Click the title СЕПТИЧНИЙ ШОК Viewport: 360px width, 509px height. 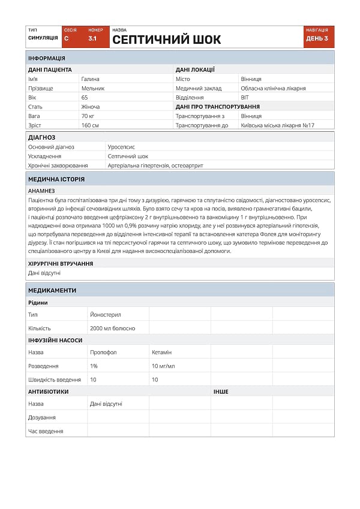tap(167, 40)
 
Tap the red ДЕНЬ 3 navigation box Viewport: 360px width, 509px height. tap(318, 37)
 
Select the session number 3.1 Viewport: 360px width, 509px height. tap(93, 38)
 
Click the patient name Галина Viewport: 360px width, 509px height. tap(91, 79)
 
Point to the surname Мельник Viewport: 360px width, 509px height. tap(93, 88)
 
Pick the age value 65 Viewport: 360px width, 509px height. tap(85, 97)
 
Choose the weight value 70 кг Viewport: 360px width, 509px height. tap(88, 116)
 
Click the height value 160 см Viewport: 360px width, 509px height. tap(90, 125)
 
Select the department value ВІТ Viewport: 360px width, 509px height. tap(245, 97)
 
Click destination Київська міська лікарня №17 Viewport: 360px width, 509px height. tap(277, 125)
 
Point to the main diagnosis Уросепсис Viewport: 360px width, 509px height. tap(121, 146)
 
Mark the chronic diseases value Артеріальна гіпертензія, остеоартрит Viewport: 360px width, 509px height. tap(155, 165)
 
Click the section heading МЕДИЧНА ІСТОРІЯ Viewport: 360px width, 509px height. tap(56, 179)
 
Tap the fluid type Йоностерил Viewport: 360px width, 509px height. tap(106, 314)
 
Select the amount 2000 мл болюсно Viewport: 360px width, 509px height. tap(113, 329)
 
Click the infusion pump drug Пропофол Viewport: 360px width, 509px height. tap(103, 353)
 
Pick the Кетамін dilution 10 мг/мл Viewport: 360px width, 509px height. tap(163, 366)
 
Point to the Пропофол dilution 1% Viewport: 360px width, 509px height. tap(94, 366)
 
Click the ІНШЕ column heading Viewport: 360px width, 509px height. tap(221, 391)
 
